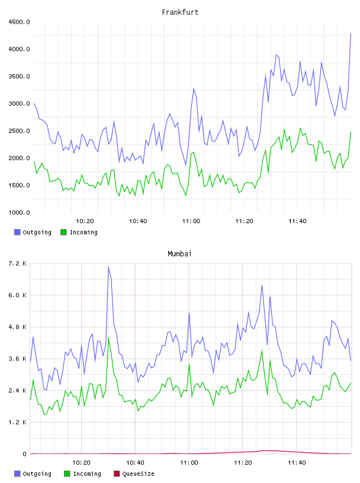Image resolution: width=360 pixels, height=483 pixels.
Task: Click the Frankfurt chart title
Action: [180, 12]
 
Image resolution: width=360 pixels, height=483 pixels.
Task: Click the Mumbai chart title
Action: [179, 254]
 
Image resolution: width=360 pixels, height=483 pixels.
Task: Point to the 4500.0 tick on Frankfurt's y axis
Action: [19, 22]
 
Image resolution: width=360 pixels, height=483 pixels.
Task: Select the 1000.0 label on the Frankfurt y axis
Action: [19, 212]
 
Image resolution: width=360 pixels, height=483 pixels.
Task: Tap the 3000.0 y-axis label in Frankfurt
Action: [19, 104]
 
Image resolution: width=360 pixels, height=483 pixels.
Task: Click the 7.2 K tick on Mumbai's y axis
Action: [18, 263]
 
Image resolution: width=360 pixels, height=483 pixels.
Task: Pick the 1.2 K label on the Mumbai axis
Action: [18, 422]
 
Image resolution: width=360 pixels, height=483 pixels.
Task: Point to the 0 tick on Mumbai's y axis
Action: [24, 454]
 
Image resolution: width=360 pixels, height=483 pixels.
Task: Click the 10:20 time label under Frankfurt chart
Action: [85, 221]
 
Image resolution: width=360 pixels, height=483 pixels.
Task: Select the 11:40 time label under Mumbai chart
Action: [297, 463]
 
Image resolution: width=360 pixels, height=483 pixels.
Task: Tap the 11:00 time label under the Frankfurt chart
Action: [191, 221]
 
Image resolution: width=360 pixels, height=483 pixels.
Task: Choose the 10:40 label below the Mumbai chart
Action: [135, 463]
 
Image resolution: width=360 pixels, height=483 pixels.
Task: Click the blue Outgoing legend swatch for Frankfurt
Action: [17, 232]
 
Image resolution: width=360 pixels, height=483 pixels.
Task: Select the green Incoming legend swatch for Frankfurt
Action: [63, 232]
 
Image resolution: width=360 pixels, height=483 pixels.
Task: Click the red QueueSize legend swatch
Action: [117, 474]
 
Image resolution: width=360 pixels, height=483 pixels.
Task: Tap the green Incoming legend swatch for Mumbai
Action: [67, 474]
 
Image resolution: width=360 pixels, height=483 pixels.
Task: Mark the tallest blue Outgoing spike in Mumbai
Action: [108, 267]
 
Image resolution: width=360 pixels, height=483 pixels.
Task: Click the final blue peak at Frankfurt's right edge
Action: [351, 33]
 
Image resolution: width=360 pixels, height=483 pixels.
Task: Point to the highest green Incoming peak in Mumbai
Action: [108, 338]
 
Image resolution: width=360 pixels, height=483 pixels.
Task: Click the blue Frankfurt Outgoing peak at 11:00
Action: [194, 89]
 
